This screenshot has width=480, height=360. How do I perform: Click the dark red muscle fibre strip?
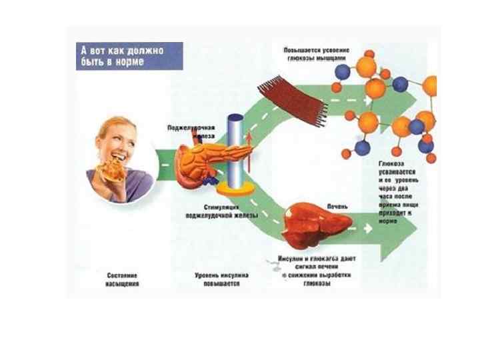click(293, 99)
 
